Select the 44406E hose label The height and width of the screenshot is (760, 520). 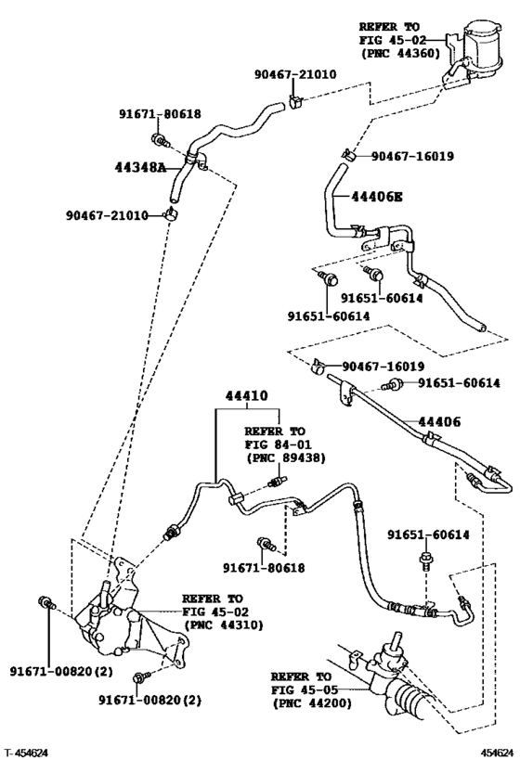(x=378, y=197)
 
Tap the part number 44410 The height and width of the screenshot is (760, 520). (x=245, y=395)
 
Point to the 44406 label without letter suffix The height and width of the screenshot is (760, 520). (x=439, y=422)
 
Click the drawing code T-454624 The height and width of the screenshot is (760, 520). (x=28, y=751)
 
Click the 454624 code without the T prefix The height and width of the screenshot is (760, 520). (x=495, y=751)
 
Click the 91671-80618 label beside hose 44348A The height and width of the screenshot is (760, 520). (x=159, y=114)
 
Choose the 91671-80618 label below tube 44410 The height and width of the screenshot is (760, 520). (x=264, y=567)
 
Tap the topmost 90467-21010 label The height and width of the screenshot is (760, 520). (x=295, y=73)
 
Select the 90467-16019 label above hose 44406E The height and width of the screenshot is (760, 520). (x=412, y=156)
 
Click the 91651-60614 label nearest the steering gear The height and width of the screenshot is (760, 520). (x=428, y=534)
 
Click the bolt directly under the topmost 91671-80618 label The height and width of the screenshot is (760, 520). (x=160, y=141)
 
